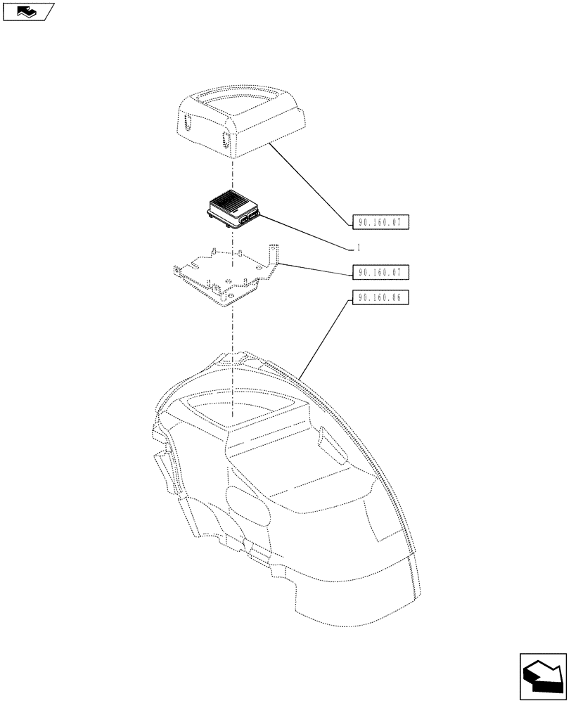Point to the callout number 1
click(x=359, y=247)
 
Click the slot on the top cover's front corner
click(x=226, y=140)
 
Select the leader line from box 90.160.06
click(x=323, y=337)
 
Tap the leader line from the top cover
click(x=309, y=181)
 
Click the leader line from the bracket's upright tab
click(x=316, y=268)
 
